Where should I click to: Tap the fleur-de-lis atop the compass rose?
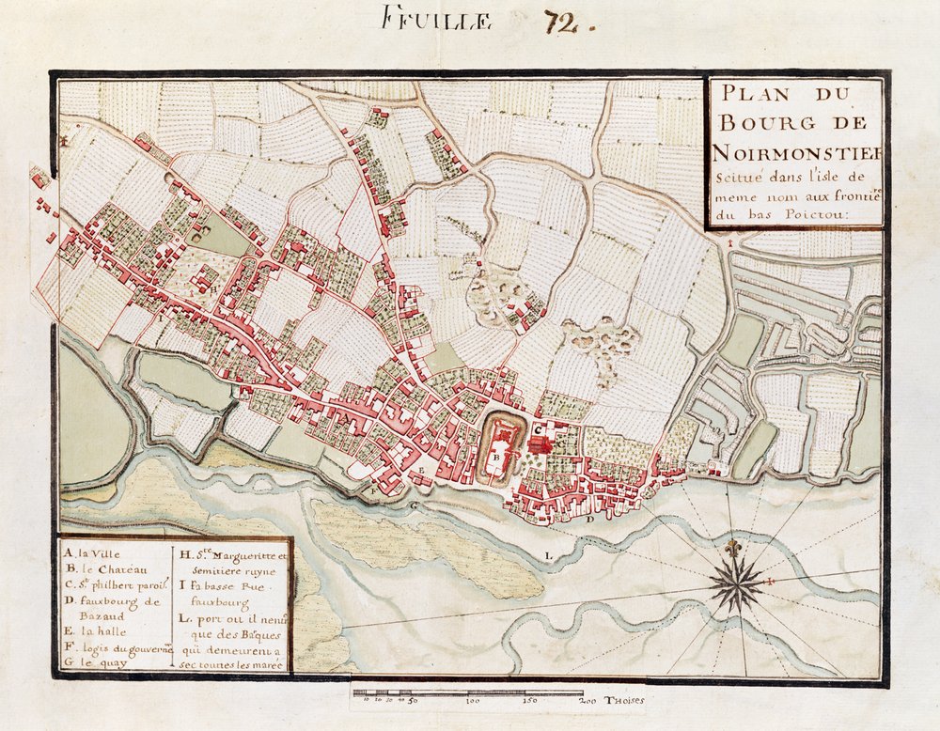tap(734, 547)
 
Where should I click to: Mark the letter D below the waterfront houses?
tap(587, 519)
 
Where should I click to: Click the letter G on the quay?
tap(412, 504)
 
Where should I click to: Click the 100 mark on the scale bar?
tap(473, 701)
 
